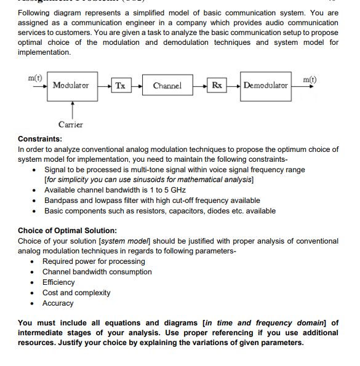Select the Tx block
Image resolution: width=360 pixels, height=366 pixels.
coord(120,85)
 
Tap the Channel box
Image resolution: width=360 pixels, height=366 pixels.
coord(167,85)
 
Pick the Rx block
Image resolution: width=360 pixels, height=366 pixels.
coord(217,85)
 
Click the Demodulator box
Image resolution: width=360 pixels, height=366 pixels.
coord(265,85)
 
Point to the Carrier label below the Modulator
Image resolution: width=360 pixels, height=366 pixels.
coord(71,125)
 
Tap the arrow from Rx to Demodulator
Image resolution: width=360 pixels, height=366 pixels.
coord(233,85)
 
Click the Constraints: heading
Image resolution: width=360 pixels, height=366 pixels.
coord(39,139)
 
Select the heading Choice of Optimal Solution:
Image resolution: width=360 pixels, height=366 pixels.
coord(67,231)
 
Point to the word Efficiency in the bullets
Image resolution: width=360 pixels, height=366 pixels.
coord(58,282)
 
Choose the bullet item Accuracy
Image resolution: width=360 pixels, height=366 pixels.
coord(58,303)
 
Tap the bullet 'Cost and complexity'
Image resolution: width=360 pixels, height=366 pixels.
coord(76,293)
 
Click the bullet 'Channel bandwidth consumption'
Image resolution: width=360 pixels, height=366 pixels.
coord(97,272)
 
